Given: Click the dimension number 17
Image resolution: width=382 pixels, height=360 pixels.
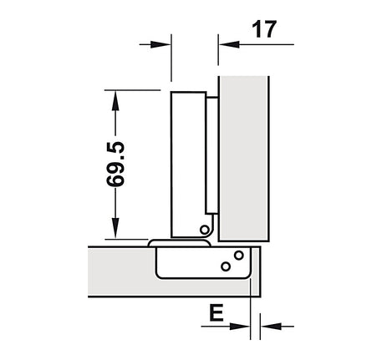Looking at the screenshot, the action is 264,29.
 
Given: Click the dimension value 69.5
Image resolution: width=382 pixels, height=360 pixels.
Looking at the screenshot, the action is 115,164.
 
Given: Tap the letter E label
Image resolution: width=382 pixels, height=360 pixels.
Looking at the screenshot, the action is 216,312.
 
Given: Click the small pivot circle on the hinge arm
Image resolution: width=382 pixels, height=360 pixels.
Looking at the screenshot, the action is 205,230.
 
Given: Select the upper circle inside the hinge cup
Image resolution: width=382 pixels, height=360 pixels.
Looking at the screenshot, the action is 239,255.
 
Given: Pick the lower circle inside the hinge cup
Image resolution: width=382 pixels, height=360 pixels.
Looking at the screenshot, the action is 226,266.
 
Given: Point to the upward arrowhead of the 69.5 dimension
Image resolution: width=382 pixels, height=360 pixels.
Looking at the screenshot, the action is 115,101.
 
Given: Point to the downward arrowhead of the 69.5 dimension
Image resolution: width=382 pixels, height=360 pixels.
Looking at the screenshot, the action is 115,228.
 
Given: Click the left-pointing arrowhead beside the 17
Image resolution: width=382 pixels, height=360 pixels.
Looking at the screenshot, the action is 229,44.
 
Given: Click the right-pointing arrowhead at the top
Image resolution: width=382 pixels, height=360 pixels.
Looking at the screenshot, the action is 160,44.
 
